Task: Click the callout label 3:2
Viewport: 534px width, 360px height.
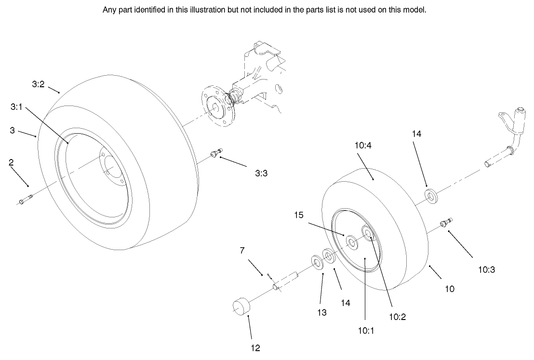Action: (38, 84)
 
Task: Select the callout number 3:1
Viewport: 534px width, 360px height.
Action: (16, 107)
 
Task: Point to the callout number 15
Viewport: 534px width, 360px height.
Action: (299, 215)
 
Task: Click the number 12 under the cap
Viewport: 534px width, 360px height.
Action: (256, 347)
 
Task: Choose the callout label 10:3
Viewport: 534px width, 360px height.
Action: (486, 270)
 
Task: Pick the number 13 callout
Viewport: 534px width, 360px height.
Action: (322, 312)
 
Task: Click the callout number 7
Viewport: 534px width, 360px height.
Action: (242, 250)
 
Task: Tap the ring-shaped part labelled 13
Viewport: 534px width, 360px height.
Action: (317, 263)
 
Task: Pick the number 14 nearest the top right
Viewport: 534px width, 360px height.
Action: (416, 134)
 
